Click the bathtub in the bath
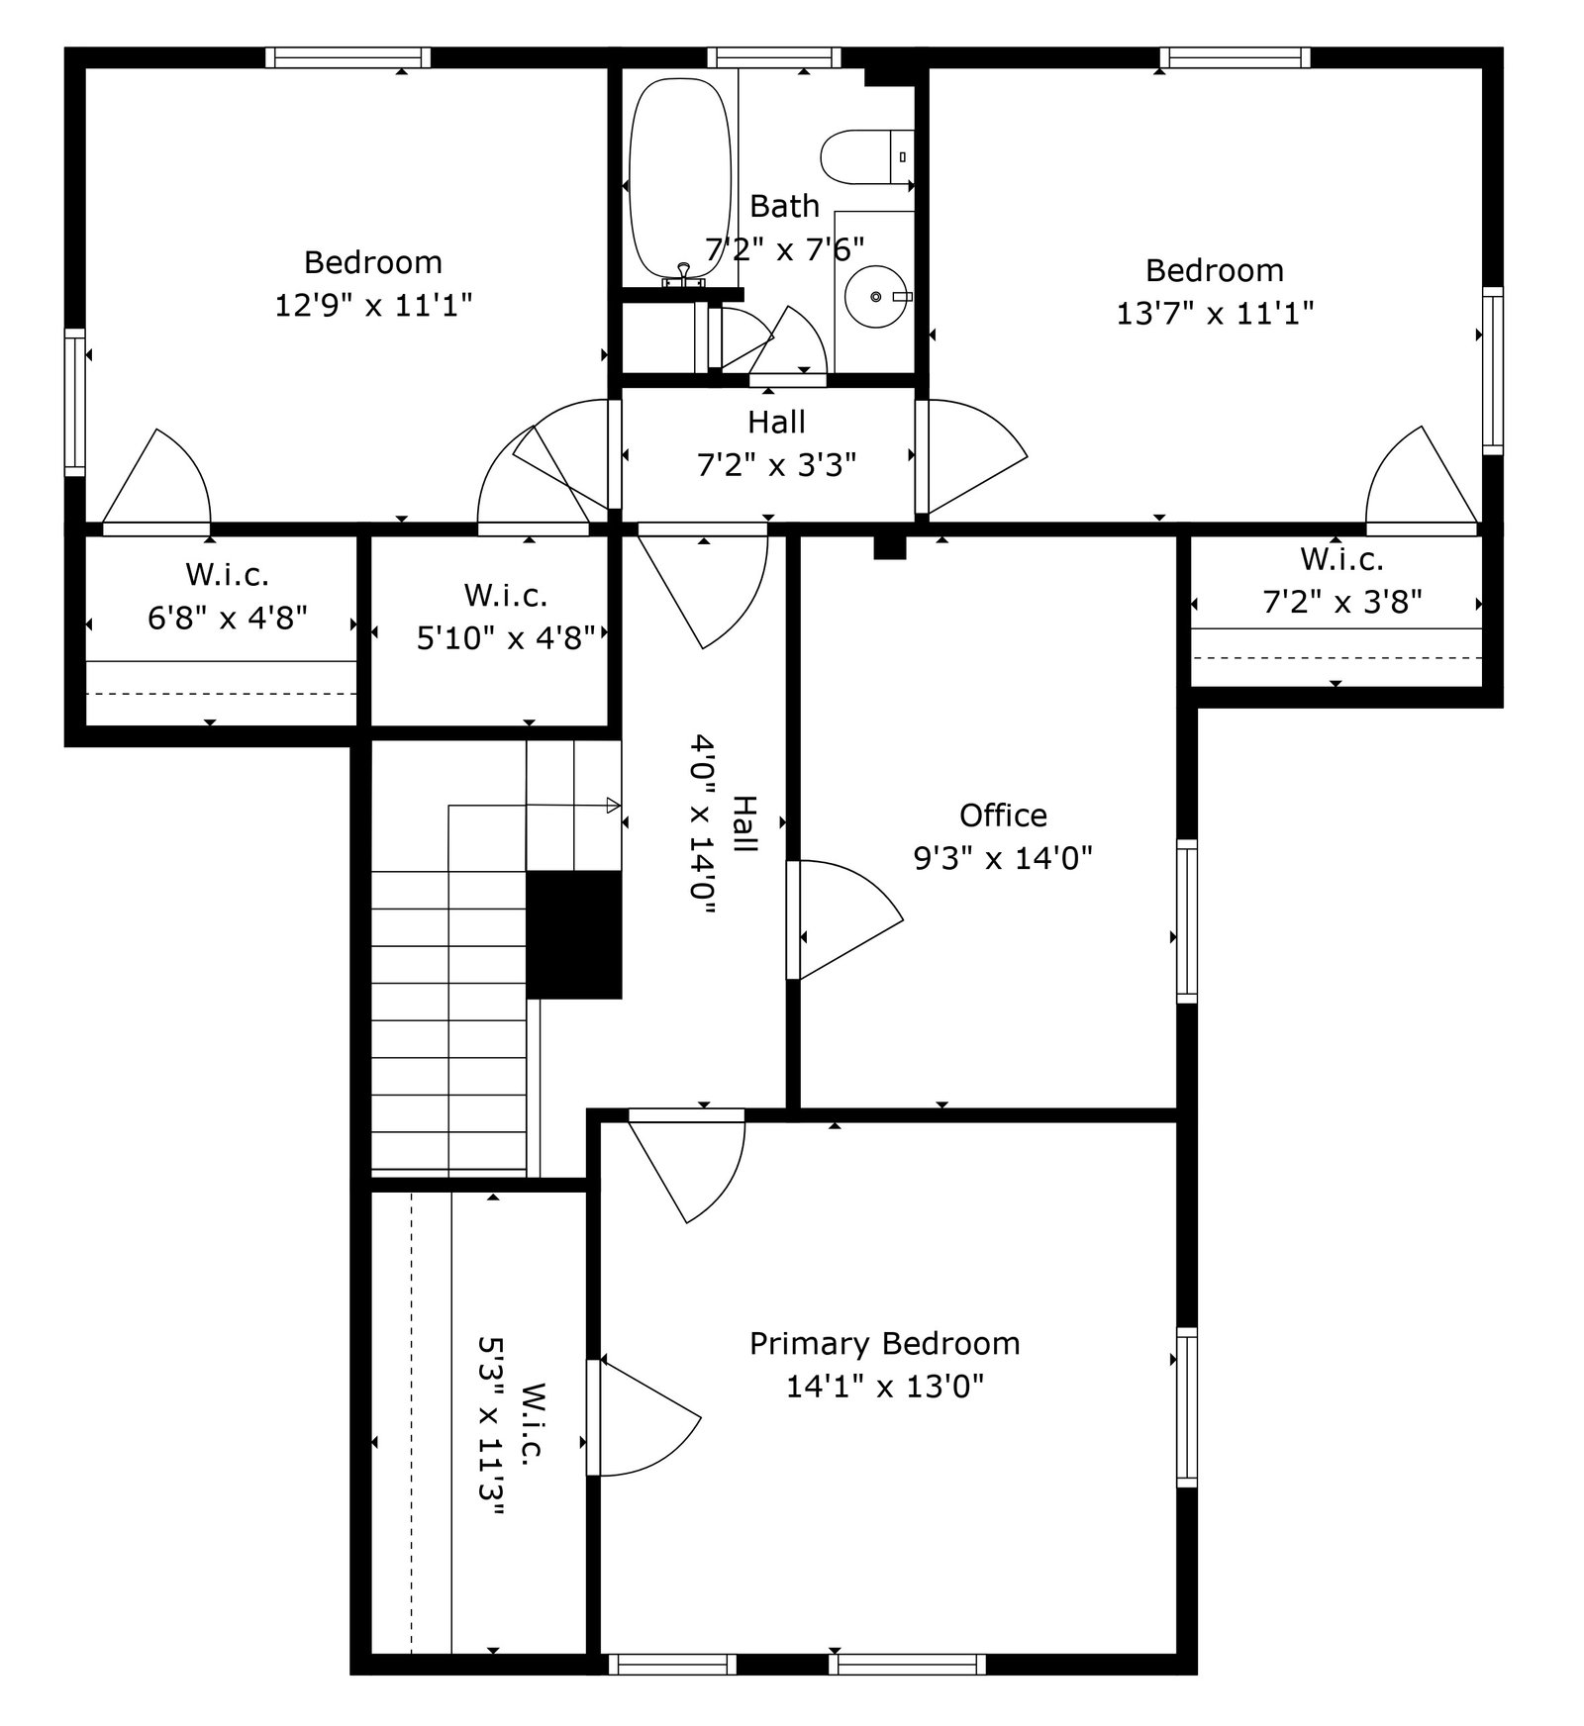683,181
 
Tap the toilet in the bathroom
867,156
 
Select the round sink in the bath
877,295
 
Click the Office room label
1003,815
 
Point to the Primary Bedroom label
884,1344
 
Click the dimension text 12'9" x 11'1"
373,305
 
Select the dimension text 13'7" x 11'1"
1215,314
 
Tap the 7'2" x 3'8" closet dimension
1342,602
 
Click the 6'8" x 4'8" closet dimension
228,618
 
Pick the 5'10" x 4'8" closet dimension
505,638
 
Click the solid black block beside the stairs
573,934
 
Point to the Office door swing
851,920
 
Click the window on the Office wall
1186,920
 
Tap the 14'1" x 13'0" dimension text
884,1387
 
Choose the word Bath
784,206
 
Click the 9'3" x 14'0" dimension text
1003,857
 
